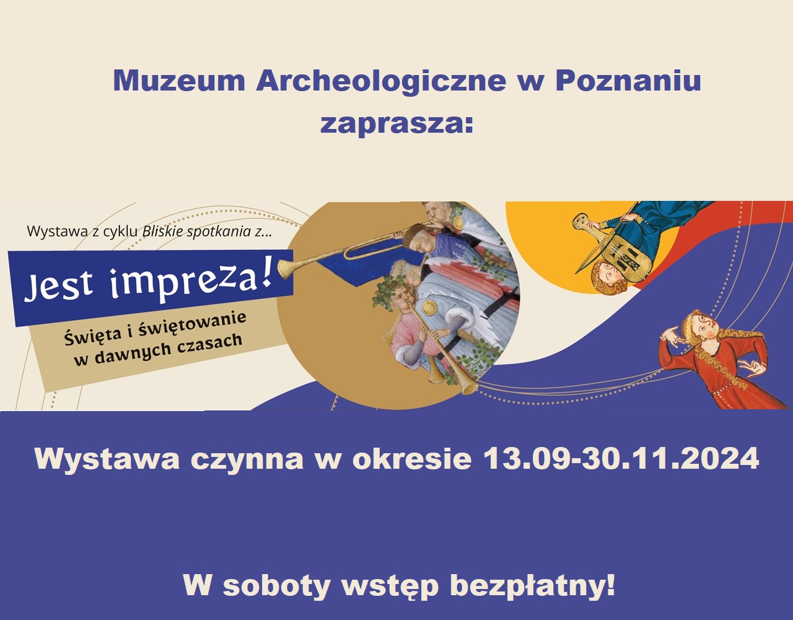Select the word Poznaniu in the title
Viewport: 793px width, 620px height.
pyautogui.click(x=628, y=81)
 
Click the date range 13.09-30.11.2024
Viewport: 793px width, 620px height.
pyautogui.click(x=620, y=459)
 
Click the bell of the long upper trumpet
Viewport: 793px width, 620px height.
pyautogui.click(x=287, y=268)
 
